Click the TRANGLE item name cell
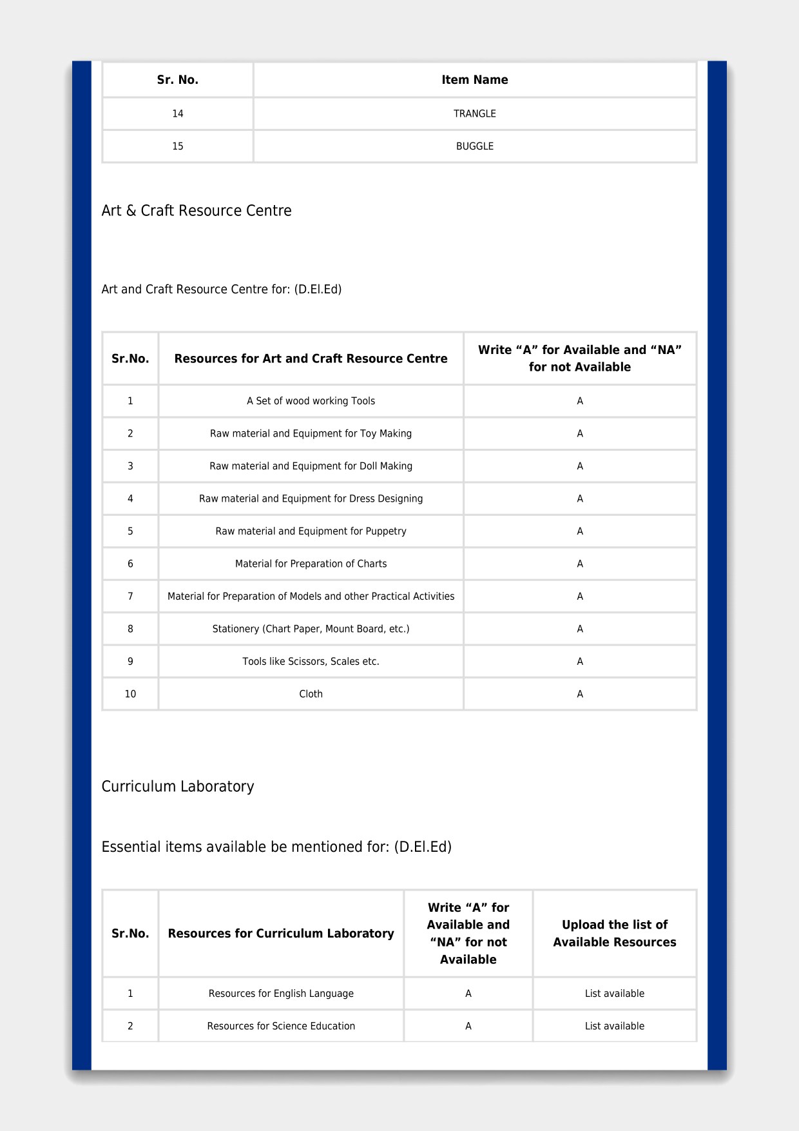click(474, 113)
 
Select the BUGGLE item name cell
click(474, 146)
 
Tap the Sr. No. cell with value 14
click(177, 113)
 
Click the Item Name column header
click(474, 80)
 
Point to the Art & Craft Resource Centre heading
click(197, 211)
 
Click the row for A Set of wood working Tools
click(311, 401)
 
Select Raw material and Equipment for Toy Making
click(311, 433)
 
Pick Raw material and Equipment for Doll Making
click(311, 466)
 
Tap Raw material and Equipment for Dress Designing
click(311, 498)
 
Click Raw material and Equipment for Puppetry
click(311, 531)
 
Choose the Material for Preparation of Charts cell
click(311, 564)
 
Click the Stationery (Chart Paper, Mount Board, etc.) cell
click(311, 629)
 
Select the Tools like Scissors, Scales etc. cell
click(311, 662)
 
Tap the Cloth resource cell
click(311, 694)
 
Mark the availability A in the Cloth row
click(580, 694)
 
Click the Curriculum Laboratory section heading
click(178, 787)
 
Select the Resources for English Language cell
click(281, 994)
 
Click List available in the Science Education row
click(614, 1026)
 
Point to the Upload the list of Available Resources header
click(614, 933)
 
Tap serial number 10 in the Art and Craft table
click(130, 694)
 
